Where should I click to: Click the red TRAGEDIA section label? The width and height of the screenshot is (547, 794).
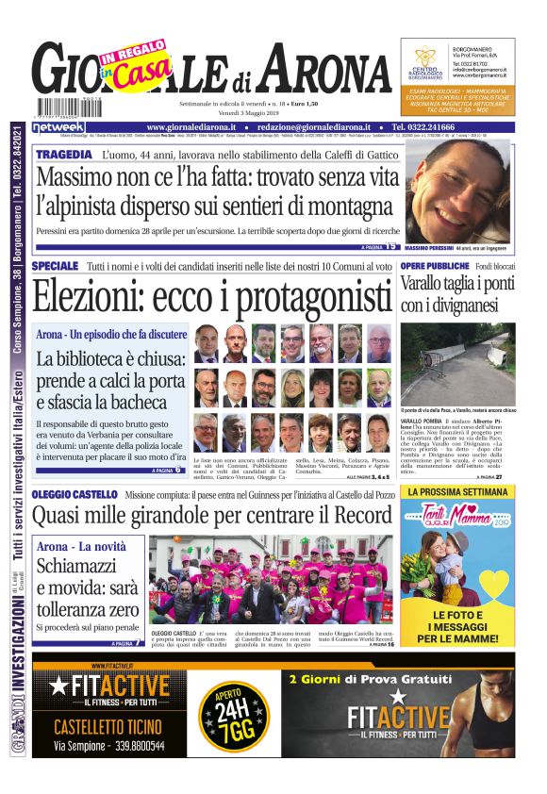pos(63,153)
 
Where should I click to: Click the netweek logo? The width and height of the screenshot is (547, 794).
pos(58,126)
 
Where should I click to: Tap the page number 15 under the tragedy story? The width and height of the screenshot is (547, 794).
pos(390,247)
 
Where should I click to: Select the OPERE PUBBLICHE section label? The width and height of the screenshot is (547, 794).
pos(440,267)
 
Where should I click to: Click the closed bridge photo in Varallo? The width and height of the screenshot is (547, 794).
pos(457,363)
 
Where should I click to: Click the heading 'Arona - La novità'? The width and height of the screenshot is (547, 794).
pos(82,548)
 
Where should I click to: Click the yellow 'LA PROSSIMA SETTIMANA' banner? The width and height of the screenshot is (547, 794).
pos(457,492)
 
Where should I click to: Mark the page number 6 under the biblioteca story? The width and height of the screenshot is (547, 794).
pos(177,469)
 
